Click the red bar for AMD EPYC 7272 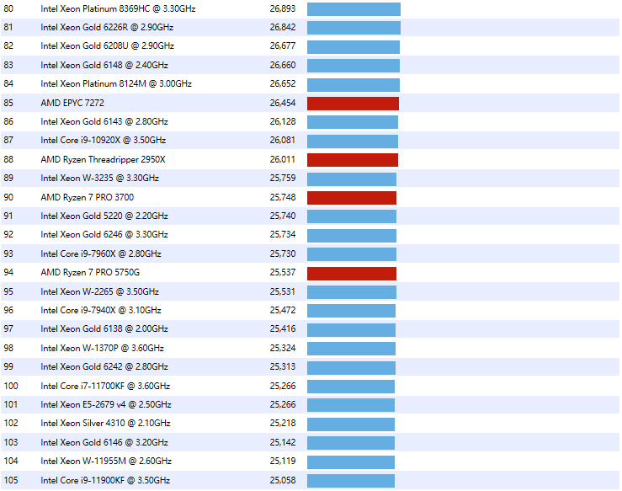(353, 103)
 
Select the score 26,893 (283, 8)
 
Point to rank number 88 (9, 159)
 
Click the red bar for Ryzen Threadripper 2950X (353, 159)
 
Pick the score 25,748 (283, 197)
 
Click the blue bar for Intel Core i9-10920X (353, 141)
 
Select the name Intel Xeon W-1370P (102, 348)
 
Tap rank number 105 (11, 480)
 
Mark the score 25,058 (283, 480)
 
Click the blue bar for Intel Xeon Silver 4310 (351, 424)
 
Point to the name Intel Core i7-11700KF (105, 386)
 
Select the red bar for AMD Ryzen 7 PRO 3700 (352, 197)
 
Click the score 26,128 (283, 122)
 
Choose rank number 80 (9, 8)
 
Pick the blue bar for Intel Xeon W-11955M (350, 462)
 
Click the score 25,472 (283, 311)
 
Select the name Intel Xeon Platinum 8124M (116, 84)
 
